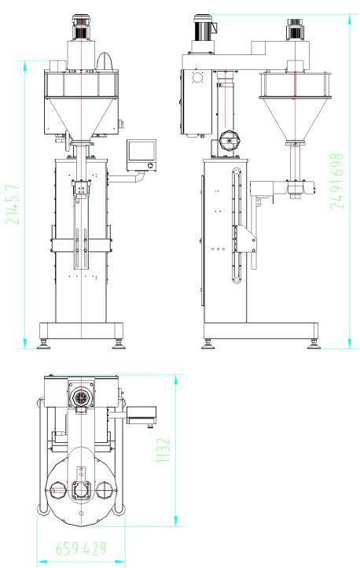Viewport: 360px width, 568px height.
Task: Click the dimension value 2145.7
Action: [13, 205]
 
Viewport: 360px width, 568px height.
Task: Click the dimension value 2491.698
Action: [336, 181]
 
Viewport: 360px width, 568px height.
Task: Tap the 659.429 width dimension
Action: [81, 548]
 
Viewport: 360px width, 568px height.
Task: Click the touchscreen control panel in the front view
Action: [141, 155]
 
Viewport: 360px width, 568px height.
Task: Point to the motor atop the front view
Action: [82, 28]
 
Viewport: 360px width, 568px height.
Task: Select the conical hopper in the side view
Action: [296, 119]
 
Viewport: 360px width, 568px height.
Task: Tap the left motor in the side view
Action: [204, 28]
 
